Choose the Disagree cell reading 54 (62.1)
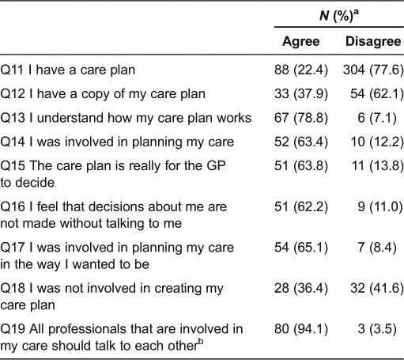pos(370,94)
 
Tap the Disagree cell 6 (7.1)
pos(370,119)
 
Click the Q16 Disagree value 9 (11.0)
pos(370,204)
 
